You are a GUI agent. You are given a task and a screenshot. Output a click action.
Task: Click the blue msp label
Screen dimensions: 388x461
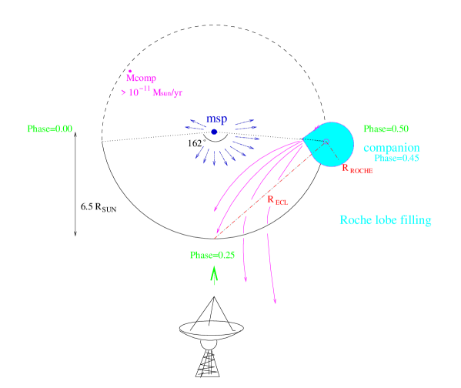pos(217,119)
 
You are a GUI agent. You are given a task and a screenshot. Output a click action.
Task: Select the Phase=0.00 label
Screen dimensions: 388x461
pos(49,129)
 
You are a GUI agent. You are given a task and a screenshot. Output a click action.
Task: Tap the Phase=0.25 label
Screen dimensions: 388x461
pos(212,255)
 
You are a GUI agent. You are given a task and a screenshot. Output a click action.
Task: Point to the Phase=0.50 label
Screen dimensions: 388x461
pos(385,129)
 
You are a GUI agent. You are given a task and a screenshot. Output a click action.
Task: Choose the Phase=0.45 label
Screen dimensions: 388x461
pos(396,158)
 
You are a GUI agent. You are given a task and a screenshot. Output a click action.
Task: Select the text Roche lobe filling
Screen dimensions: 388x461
pos(385,220)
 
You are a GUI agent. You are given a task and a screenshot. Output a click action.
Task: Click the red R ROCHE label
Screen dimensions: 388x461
pos(357,169)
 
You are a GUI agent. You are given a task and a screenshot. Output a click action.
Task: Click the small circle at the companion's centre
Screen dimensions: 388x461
pos(326,142)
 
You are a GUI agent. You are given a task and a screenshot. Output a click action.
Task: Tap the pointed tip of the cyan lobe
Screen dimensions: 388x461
pos(302,139)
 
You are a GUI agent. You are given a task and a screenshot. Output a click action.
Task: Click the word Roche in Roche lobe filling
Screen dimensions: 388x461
pos(355,220)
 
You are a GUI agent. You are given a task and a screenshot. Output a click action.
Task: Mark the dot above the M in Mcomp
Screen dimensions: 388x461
pos(130,71)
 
